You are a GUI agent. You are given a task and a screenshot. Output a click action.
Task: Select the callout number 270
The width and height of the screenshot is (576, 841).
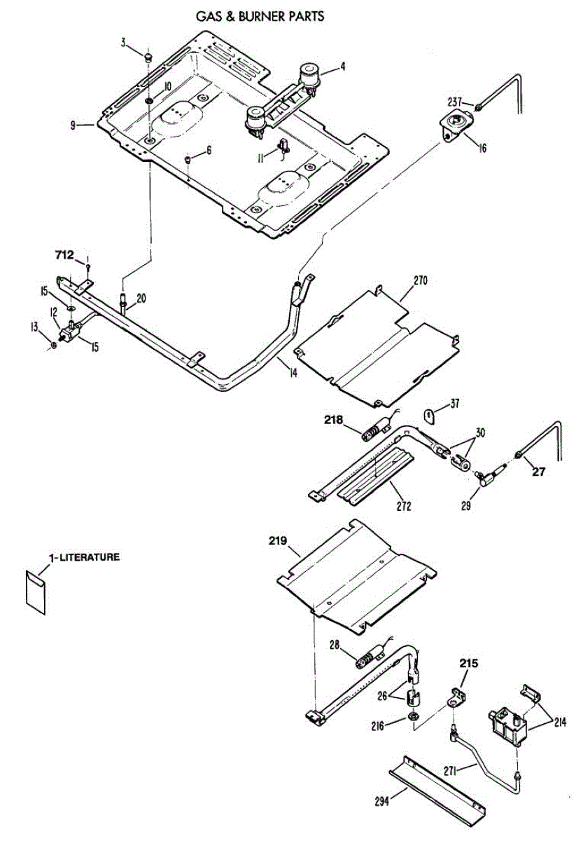420,280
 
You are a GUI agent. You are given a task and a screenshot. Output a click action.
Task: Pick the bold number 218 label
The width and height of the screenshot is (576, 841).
333,420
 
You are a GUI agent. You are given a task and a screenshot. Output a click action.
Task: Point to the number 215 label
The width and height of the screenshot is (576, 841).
469,662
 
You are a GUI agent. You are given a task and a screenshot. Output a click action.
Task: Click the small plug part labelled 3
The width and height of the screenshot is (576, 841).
148,57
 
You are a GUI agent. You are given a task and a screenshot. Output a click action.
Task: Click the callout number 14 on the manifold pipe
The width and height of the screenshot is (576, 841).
293,373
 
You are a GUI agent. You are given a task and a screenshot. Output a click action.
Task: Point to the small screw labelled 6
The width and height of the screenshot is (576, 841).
188,160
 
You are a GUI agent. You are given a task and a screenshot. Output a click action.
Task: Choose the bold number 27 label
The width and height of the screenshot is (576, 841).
538,471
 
